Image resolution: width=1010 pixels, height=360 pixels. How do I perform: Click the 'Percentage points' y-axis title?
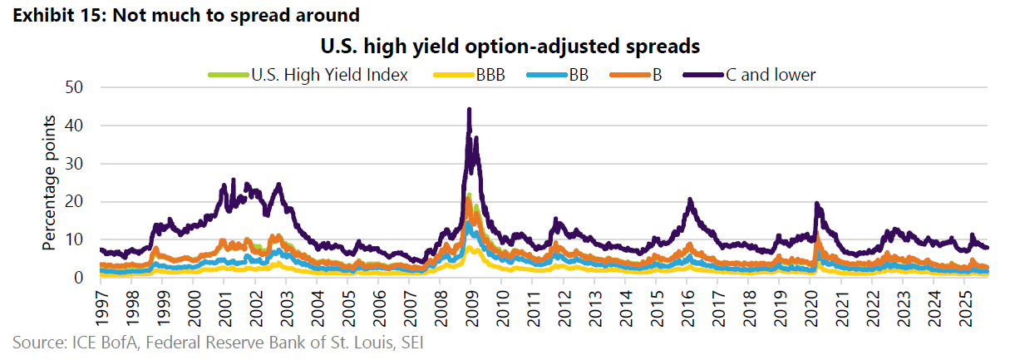click(x=50, y=182)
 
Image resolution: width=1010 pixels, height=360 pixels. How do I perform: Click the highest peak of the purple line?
click(x=469, y=109)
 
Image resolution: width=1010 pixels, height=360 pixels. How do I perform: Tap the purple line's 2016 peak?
click(x=689, y=200)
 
